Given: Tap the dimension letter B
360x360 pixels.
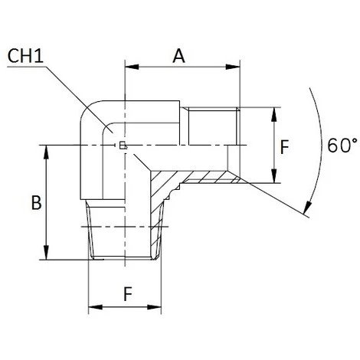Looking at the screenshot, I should click(34, 204).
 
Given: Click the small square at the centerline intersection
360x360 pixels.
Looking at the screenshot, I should click(123, 145).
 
